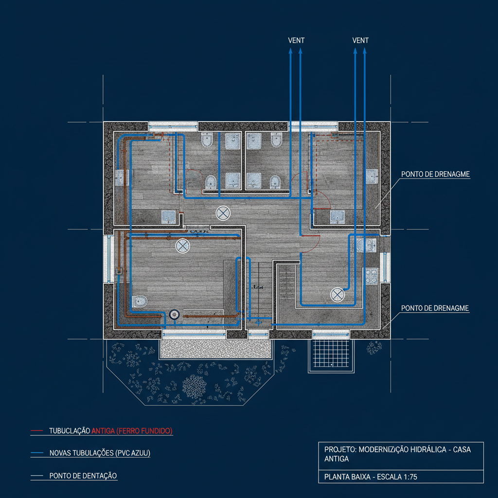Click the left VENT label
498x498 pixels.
(x=296, y=41)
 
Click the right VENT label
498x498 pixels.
(x=360, y=41)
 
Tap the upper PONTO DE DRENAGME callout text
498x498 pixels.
(x=435, y=174)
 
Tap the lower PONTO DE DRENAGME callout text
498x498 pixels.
(x=435, y=308)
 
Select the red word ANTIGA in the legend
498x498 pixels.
(x=103, y=431)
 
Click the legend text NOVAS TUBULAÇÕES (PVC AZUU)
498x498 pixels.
(x=100, y=453)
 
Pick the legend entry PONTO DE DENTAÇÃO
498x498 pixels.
(x=83, y=476)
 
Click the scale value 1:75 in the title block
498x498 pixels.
(x=407, y=477)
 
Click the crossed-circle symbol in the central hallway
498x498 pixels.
(x=223, y=213)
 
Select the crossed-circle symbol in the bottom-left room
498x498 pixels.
(x=182, y=246)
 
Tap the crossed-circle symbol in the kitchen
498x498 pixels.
(x=338, y=294)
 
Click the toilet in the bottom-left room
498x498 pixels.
(x=139, y=301)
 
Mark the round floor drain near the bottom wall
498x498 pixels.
(x=175, y=314)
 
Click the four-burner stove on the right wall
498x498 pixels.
(x=373, y=276)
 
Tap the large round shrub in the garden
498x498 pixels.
(x=195, y=385)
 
